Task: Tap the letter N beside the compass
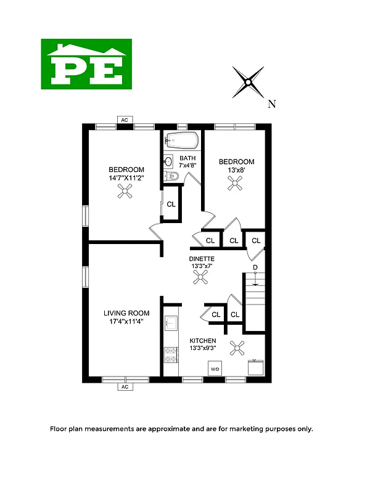click(x=271, y=104)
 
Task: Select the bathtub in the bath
click(x=181, y=141)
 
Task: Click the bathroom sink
click(x=168, y=163)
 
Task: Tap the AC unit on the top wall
click(x=125, y=120)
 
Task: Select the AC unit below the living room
click(x=125, y=387)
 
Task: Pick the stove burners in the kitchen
click(x=171, y=356)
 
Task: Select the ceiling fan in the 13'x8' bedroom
click(x=236, y=182)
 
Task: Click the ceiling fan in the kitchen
click(x=237, y=349)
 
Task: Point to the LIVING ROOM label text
click(x=126, y=313)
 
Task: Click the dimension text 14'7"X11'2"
click(x=126, y=179)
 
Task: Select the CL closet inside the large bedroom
click(x=171, y=204)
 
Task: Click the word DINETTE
click(x=202, y=259)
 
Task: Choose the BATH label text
click(x=187, y=158)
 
